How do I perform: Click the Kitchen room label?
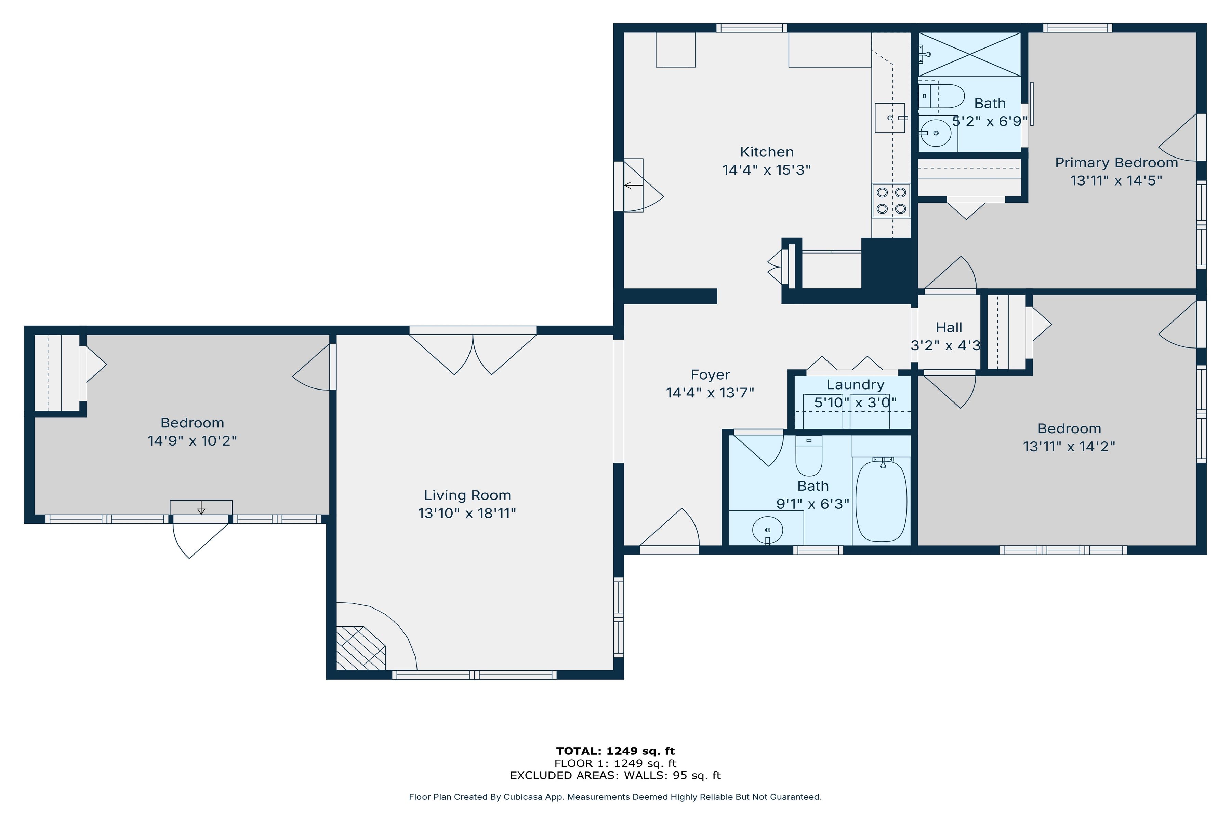tap(766, 152)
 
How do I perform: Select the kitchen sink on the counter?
tap(890, 118)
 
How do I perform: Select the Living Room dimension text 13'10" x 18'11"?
tap(467, 513)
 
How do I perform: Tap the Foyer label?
tap(710, 375)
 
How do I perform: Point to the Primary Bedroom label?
tap(1116, 163)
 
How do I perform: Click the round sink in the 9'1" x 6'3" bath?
tap(767, 530)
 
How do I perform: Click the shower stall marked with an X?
tap(969, 54)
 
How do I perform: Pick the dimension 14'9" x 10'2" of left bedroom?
tap(192, 441)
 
